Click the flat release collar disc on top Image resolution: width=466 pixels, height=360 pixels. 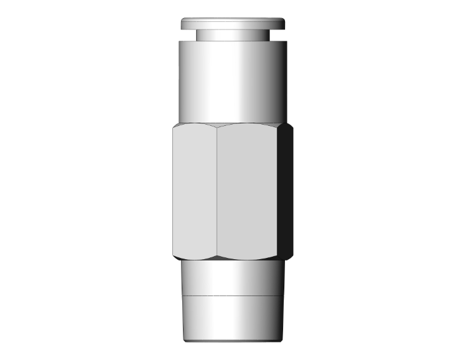[233, 24]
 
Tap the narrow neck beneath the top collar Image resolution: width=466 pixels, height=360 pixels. [233, 36]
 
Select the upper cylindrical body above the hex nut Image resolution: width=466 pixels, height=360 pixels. [233, 81]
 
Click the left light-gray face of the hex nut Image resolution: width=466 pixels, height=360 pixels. [194, 191]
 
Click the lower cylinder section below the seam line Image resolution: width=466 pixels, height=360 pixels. [233, 316]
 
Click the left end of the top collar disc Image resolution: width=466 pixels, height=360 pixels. [183, 24]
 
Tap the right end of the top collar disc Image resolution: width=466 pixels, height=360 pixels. [284, 24]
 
